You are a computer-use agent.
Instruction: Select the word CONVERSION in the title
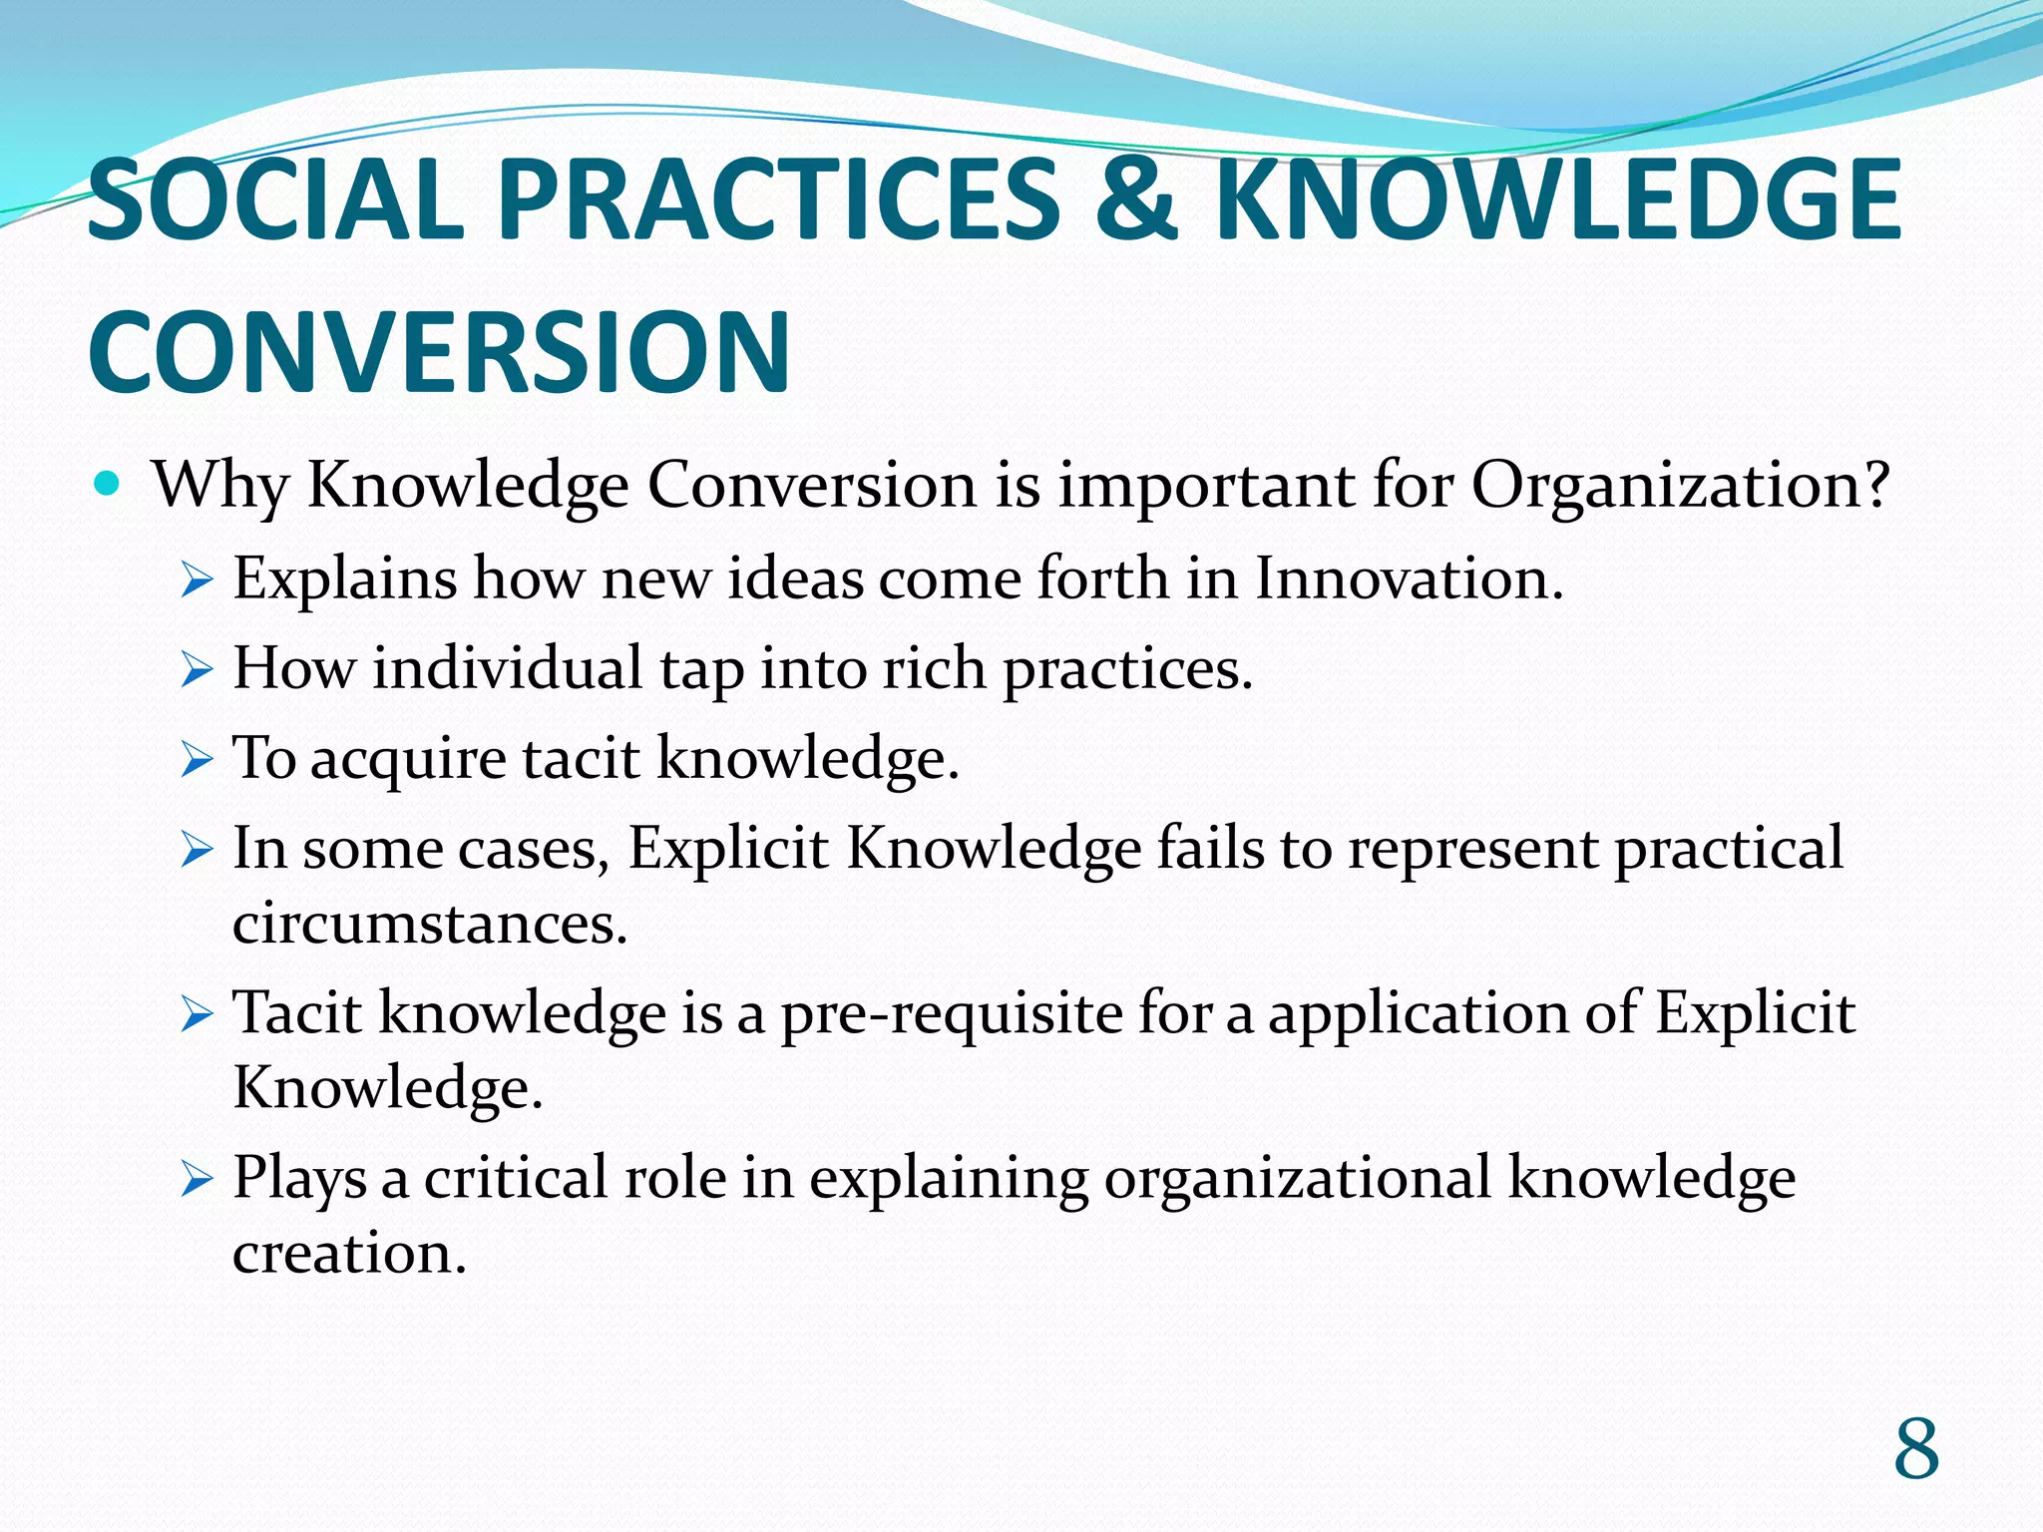tap(440, 352)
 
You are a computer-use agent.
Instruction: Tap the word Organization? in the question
tap(1680, 486)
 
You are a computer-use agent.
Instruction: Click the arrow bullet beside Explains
tap(198, 579)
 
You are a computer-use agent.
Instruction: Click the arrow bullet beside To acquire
tap(198, 760)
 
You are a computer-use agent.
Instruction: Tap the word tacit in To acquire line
tap(581, 758)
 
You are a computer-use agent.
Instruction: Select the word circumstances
tap(429, 923)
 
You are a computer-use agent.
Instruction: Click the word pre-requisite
tap(951, 1013)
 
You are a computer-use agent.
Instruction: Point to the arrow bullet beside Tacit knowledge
tap(198, 1016)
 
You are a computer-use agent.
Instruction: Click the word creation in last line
tap(349, 1253)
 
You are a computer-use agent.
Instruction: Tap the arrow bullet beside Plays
tap(198, 1181)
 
